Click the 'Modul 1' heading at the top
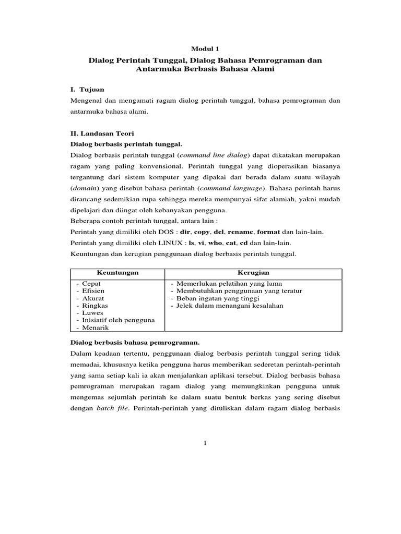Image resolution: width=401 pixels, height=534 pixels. click(x=205, y=48)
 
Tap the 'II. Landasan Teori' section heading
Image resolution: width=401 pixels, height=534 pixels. click(x=102, y=133)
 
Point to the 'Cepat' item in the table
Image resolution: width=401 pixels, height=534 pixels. click(x=91, y=283)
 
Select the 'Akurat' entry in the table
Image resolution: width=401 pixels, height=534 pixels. click(x=93, y=298)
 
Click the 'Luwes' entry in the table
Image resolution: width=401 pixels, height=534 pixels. click(x=92, y=313)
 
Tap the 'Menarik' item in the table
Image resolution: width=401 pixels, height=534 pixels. click(x=95, y=327)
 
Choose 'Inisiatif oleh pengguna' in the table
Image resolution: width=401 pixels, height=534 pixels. click(x=118, y=320)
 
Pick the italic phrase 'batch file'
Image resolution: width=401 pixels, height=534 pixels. click(x=112, y=410)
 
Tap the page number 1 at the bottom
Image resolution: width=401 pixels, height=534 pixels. click(x=205, y=443)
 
